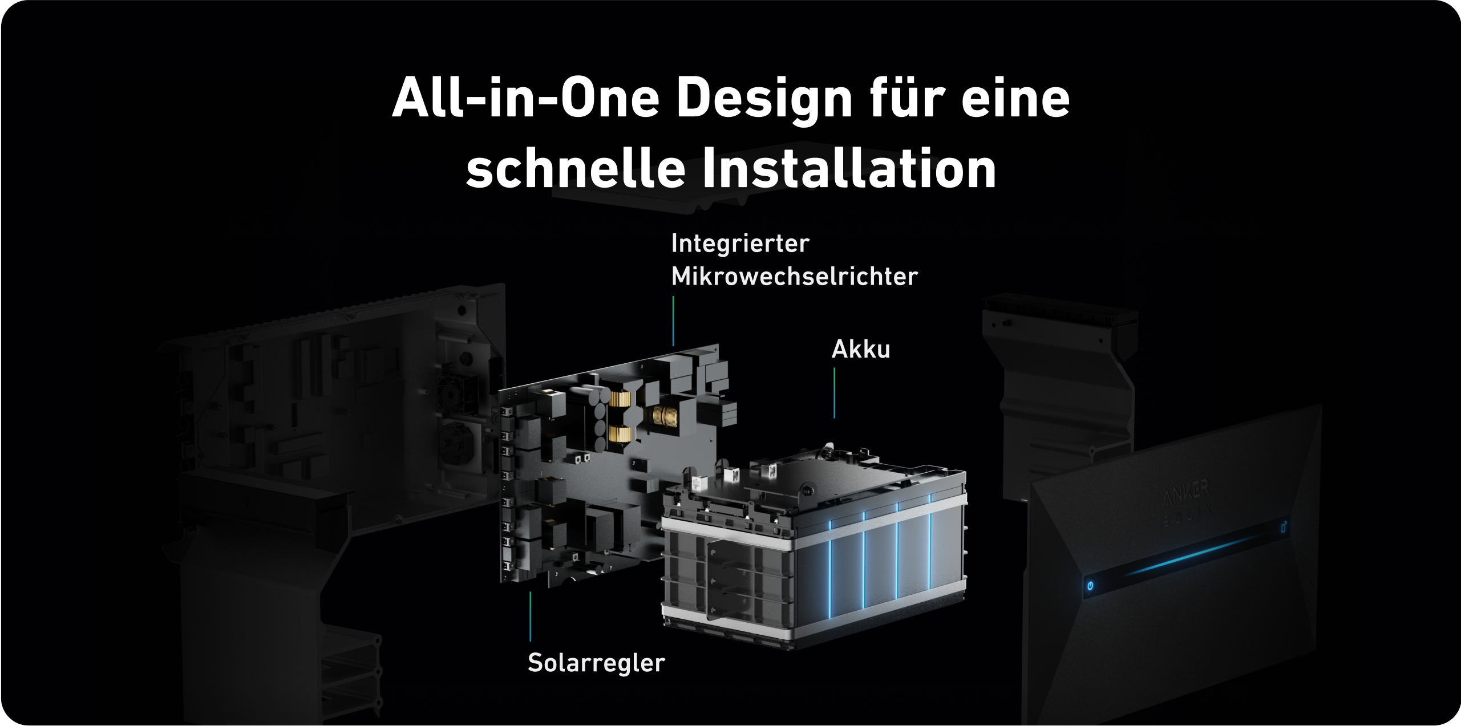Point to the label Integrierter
[740, 244]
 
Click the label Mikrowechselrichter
[794, 277]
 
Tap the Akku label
[861, 349]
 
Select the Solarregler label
[596, 663]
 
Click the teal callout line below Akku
[834, 393]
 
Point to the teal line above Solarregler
[530, 617]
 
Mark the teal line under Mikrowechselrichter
[673, 321]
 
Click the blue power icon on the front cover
[1090, 586]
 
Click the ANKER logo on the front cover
[1186, 493]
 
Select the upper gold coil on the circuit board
[618, 399]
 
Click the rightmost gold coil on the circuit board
[665, 416]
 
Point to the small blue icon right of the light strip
[1284, 526]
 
